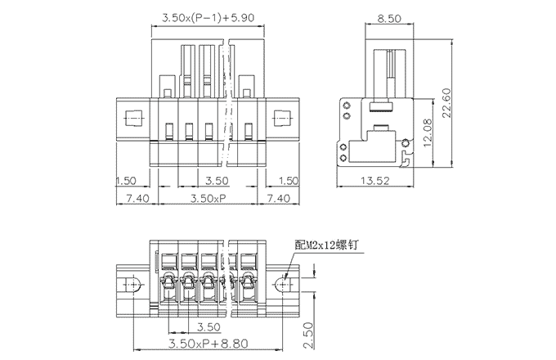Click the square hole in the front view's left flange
click(131, 119)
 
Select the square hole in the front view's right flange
click(280, 119)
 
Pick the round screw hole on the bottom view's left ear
click(129, 285)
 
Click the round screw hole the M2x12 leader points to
click(281, 285)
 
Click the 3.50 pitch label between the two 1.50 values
click(215, 181)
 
